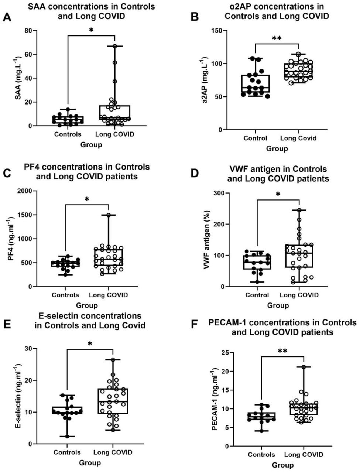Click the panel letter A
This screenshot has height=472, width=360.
click(7, 17)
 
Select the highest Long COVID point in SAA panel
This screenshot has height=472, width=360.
click(115, 46)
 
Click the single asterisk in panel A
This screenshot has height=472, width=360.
click(91, 30)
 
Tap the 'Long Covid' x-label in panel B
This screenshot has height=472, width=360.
click(298, 138)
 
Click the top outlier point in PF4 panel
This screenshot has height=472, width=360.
click(109, 215)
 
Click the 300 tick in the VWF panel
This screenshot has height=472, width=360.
click(219, 193)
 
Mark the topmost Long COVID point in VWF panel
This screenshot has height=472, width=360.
click(299, 210)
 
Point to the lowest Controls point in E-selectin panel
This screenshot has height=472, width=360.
click(67, 437)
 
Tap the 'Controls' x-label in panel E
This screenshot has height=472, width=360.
click(67, 452)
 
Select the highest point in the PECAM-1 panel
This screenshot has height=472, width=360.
click(304, 367)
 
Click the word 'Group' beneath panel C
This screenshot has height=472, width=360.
click(87, 305)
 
